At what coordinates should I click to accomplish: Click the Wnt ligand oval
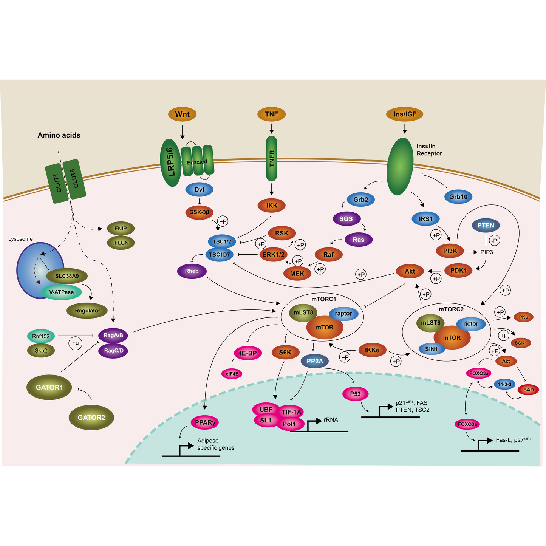click(182, 114)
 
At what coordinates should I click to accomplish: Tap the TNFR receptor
click(271, 158)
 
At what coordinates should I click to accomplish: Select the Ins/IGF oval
click(405, 114)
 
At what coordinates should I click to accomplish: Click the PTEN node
click(486, 226)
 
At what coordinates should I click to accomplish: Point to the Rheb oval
click(192, 271)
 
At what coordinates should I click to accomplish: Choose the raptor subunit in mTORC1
click(343, 313)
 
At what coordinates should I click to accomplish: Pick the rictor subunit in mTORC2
click(470, 323)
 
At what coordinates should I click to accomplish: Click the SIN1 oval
click(431, 349)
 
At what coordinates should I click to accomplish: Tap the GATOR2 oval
click(91, 418)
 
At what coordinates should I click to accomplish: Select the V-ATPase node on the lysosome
click(61, 292)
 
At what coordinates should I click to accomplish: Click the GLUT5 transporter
click(74, 179)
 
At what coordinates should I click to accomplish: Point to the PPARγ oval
click(205, 422)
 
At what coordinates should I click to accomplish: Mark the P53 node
click(355, 394)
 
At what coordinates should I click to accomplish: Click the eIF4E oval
click(232, 374)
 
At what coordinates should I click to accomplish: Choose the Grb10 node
click(458, 196)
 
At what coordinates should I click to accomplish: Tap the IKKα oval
click(372, 350)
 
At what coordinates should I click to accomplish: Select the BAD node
click(528, 390)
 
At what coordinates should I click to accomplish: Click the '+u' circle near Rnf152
click(76, 343)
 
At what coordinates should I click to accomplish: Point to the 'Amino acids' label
click(59, 135)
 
